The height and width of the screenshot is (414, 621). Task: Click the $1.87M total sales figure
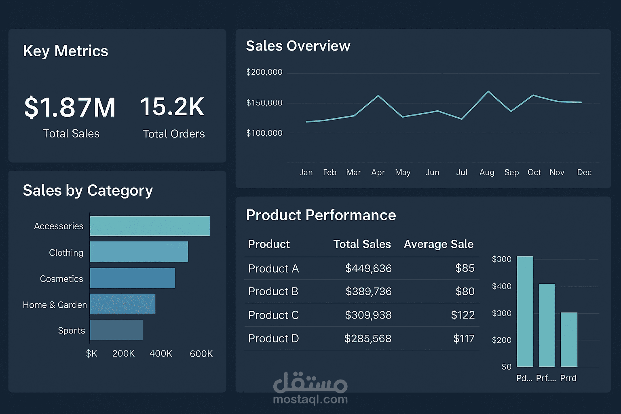click(x=70, y=108)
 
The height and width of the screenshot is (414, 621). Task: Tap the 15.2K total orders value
click(x=172, y=107)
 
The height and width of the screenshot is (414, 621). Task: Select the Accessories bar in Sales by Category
click(x=150, y=226)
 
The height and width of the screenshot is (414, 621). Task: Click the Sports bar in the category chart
click(x=116, y=330)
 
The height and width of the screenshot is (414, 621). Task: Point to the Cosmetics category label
click(x=61, y=279)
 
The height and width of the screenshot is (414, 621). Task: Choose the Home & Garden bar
click(x=123, y=304)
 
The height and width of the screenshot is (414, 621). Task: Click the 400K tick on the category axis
click(x=161, y=353)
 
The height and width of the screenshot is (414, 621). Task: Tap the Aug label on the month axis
click(x=487, y=173)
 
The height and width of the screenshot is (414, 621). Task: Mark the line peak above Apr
click(x=378, y=96)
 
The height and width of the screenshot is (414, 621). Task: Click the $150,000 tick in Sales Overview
click(x=264, y=103)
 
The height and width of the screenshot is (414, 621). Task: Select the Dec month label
click(x=584, y=173)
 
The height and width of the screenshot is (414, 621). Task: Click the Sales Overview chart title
click(x=298, y=46)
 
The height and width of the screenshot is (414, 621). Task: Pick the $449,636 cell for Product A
click(x=368, y=268)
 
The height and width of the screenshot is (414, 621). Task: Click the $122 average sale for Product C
click(x=463, y=315)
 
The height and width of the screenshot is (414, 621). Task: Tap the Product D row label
click(x=273, y=338)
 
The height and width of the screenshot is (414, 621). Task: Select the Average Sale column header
click(x=439, y=244)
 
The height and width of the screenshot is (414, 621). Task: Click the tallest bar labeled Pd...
click(x=525, y=311)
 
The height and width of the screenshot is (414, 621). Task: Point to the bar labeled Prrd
click(x=569, y=340)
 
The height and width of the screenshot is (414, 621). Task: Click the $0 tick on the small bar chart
click(x=506, y=367)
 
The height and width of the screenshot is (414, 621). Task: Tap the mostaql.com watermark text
click(x=310, y=399)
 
